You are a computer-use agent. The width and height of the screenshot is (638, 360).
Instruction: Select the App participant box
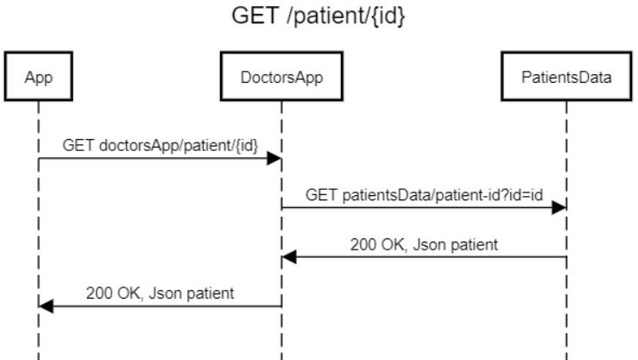coord(37,79)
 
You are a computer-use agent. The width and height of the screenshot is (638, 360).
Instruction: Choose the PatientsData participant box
coord(567,79)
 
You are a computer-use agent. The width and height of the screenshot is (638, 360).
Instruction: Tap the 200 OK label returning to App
coord(160,293)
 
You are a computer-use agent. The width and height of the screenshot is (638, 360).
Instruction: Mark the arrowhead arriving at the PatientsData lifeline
coord(560,207)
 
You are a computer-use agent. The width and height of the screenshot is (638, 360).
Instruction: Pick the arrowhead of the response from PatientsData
coord(290,256)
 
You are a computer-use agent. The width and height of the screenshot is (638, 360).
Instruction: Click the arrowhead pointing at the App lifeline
coord(46,306)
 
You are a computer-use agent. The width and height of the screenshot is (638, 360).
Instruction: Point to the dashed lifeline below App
coord(38,337)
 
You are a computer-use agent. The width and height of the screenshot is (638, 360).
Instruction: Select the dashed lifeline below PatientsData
coord(567,328)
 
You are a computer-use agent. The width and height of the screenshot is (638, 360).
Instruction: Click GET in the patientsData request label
coord(319,195)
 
